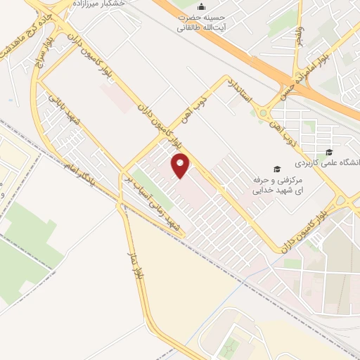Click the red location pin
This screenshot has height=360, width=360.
(181, 166)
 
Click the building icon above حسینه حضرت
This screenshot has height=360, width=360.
(202, 8)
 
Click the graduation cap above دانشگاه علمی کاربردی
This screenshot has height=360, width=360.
(329, 152)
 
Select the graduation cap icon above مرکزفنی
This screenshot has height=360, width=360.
(277, 169)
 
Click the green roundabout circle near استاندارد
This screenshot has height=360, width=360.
(265, 112)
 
